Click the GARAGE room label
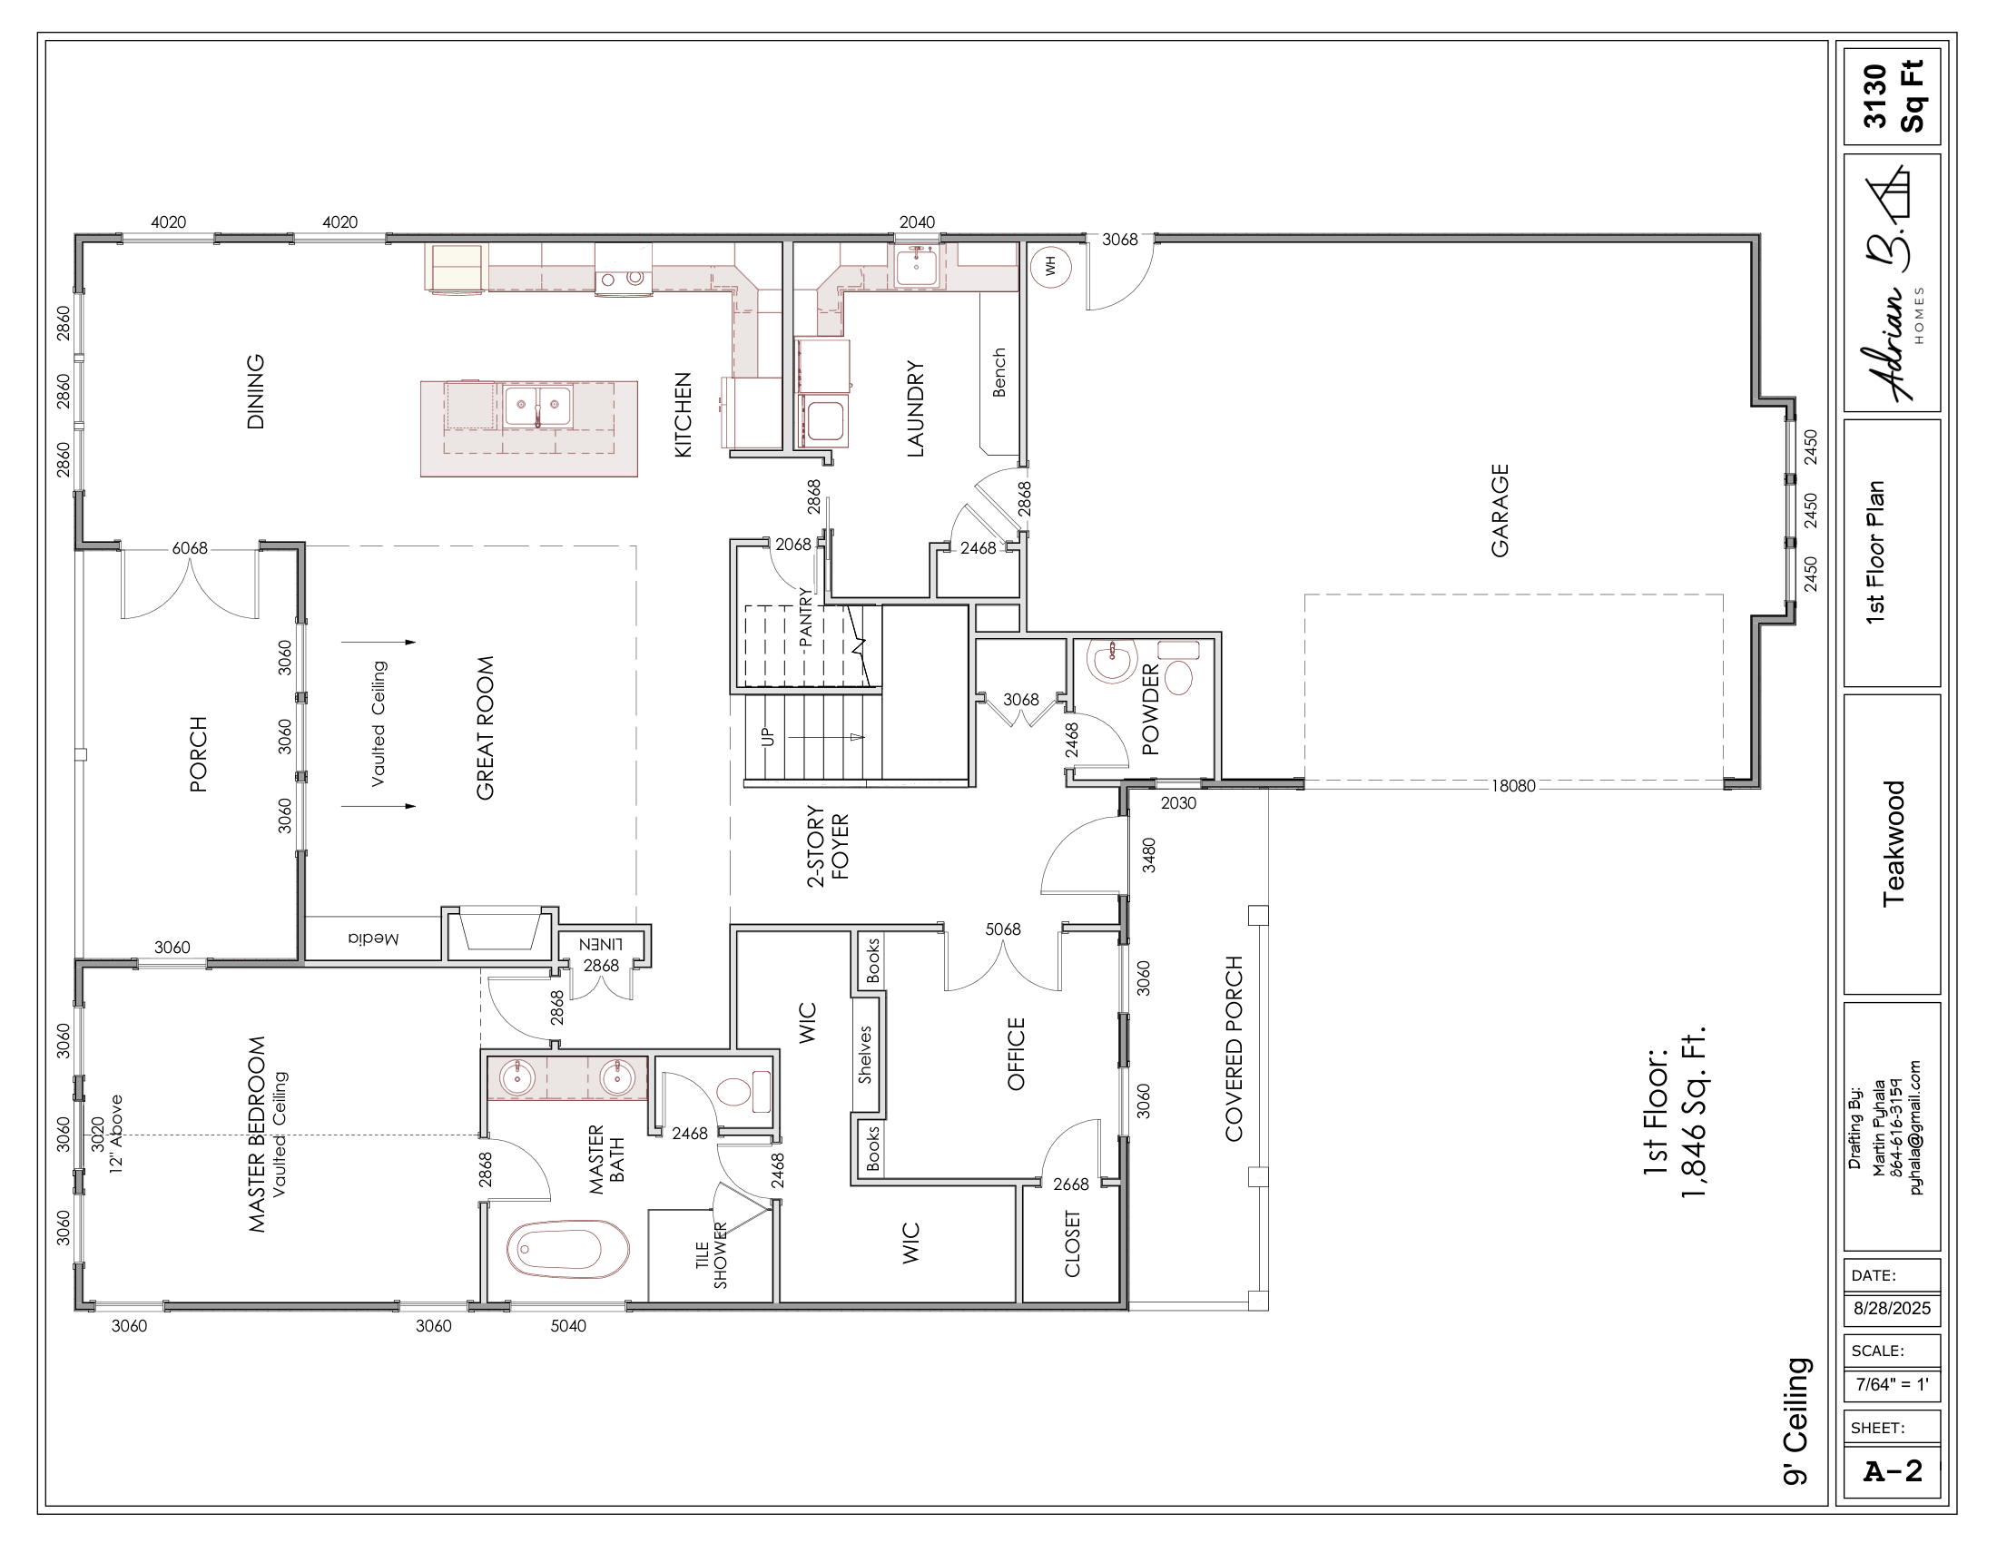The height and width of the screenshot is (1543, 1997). point(1500,510)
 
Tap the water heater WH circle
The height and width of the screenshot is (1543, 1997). point(1050,266)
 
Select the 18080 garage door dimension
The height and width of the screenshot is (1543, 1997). point(1513,785)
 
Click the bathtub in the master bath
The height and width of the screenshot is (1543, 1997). point(568,1249)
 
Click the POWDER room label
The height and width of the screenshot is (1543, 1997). point(1150,709)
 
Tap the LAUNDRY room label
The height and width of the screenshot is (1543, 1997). point(915,408)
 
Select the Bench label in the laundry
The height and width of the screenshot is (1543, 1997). point(998,372)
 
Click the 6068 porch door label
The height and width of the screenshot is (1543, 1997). point(190,548)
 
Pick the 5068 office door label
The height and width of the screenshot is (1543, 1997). point(1003,929)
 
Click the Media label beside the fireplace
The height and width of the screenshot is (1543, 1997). point(373,938)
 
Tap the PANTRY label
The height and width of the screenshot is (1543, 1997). point(805,617)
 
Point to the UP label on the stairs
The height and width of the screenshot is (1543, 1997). point(767,736)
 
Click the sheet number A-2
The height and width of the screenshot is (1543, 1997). point(1892,1470)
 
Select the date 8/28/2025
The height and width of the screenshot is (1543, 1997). point(1892,1308)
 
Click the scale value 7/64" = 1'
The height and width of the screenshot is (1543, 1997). point(1892,1384)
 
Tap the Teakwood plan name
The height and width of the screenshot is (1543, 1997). point(1893,844)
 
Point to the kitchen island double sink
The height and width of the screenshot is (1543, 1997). point(537,406)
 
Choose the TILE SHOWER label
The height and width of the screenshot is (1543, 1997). point(711,1256)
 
